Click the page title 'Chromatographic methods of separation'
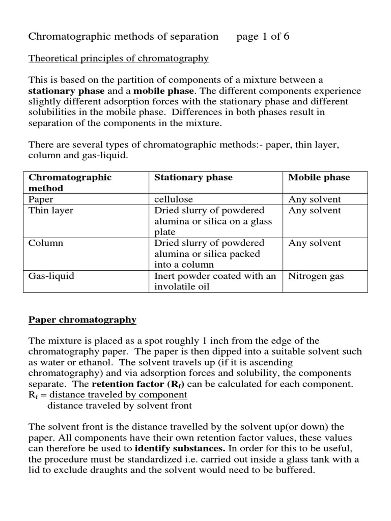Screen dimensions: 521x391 pos(123,37)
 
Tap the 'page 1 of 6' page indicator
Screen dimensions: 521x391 pos(263,37)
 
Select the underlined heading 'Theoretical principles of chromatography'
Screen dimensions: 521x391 pos(119,59)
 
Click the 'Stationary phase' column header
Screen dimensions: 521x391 pos(193,178)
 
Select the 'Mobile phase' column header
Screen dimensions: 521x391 pos(319,178)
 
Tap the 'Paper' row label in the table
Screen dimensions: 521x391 pos(41,199)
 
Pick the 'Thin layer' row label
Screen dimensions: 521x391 pos(51,211)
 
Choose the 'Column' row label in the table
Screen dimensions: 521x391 pos(46,243)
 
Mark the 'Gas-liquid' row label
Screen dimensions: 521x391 pos(51,276)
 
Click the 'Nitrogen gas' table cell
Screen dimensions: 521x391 pos(316,276)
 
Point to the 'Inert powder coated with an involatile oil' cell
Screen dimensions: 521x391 pos(215,281)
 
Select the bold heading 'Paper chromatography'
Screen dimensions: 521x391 pos(82,320)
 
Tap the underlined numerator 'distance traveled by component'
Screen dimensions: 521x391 pos(118,395)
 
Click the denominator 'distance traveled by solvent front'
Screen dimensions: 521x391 pos(120,406)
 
